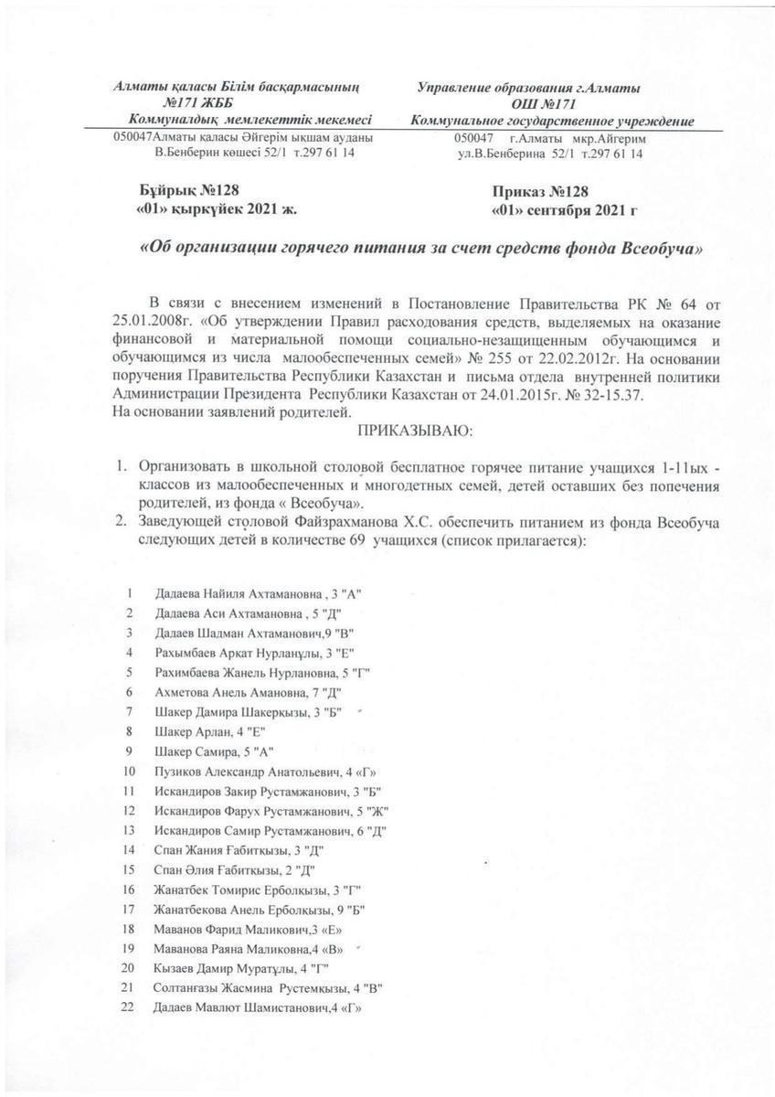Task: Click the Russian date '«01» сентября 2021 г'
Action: point(564,209)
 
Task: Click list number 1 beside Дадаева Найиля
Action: point(133,592)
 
